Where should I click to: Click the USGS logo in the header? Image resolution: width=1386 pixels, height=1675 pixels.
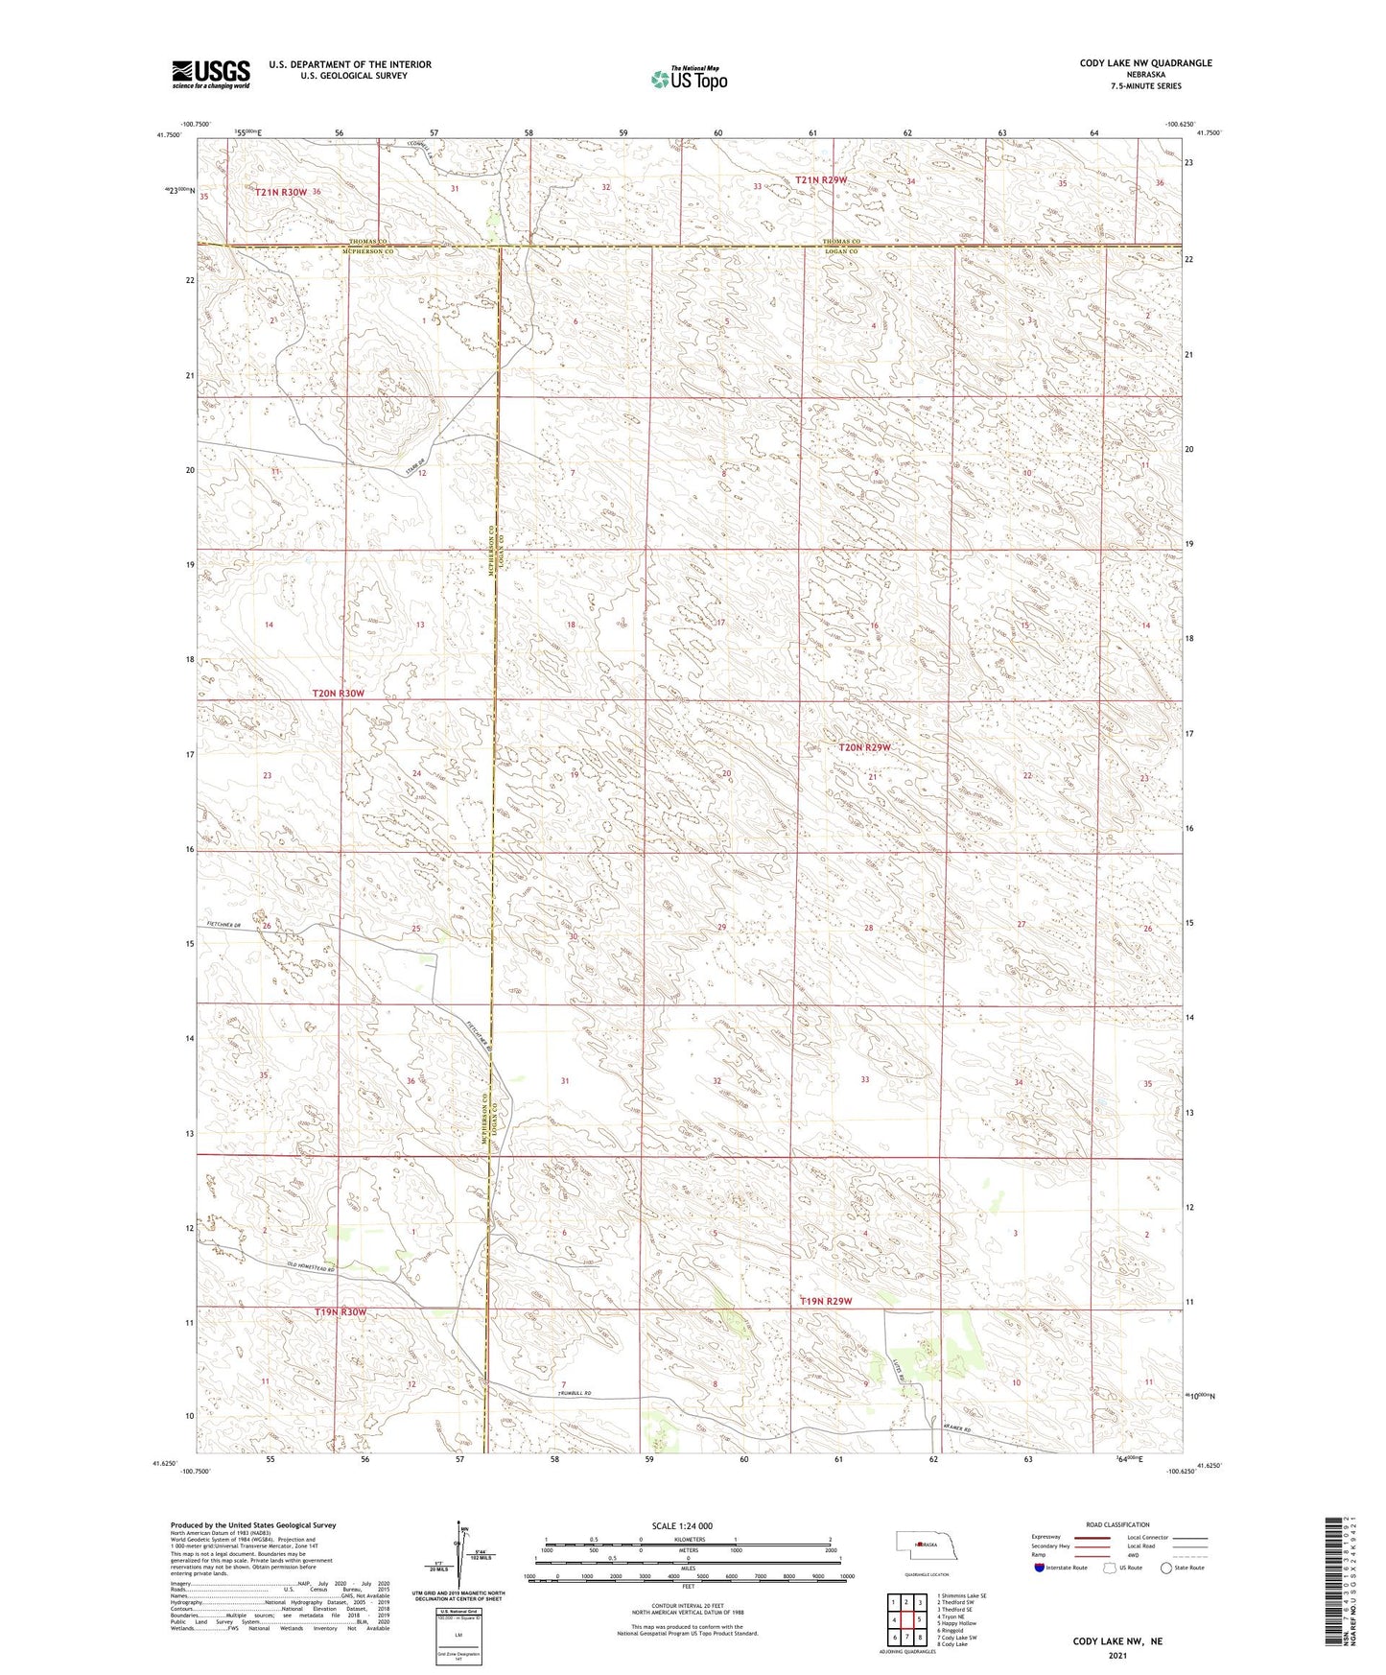pyautogui.click(x=210, y=74)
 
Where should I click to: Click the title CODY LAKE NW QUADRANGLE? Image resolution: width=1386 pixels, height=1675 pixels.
pyautogui.click(x=1145, y=63)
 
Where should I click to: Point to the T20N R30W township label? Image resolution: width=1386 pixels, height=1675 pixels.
pyautogui.click(x=338, y=693)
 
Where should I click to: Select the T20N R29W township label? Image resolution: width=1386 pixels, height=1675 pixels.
pyautogui.click(x=864, y=747)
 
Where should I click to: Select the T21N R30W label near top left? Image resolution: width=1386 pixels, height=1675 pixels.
pyautogui.click(x=281, y=192)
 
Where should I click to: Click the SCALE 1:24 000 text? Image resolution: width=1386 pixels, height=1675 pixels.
pyautogui.click(x=681, y=1525)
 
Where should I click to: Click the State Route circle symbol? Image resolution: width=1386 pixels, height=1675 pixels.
pyautogui.click(x=1165, y=1568)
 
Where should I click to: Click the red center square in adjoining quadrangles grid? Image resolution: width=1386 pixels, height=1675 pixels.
pyautogui.click(x=905, y=1619)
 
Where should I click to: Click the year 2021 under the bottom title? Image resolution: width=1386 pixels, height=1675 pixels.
pyautogui.click(x=1116, y=1656)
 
